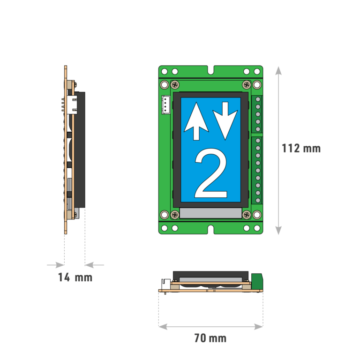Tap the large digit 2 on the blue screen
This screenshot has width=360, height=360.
coord(211,174)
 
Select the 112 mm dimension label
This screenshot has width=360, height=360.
coord(301,149)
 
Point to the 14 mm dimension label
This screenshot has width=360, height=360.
coord(75,277)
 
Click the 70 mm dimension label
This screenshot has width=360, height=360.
coord(210,338)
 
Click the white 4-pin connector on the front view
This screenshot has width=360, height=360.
coord(166,105)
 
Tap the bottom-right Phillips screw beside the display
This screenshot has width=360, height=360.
coord(247,215)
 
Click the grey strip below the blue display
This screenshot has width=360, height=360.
coord(210,214)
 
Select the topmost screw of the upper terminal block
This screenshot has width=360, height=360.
coord(258,100)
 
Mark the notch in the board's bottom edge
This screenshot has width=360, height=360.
coord(210,230)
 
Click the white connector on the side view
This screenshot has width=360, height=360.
coord(72,104)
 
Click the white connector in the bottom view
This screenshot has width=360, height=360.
coord(165,284)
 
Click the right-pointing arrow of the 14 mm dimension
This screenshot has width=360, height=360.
coord(60,265)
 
